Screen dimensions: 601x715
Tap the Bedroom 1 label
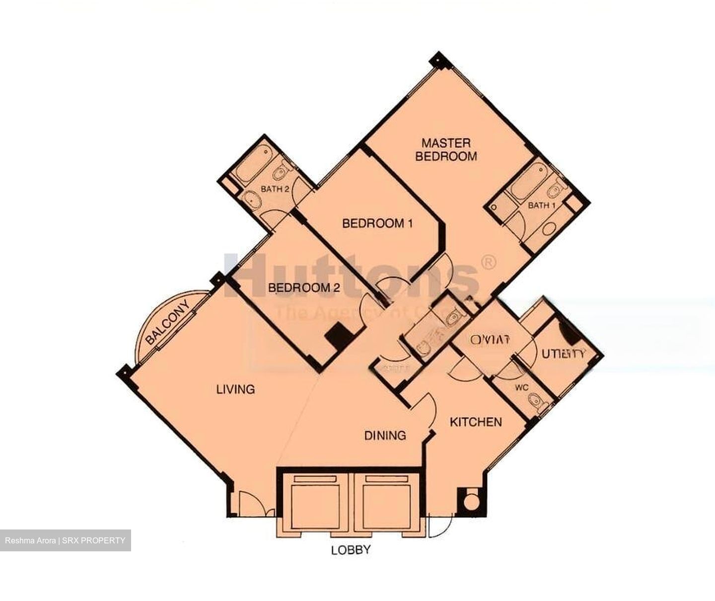[377, 224]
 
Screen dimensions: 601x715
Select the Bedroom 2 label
[304, 288]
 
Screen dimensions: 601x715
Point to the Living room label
[235, 389]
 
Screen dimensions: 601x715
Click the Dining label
[385, 436]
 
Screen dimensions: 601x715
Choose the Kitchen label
[475, 422]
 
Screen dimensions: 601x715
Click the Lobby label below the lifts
[351, 550]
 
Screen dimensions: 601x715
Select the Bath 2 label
[275, 189]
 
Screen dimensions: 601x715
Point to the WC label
[521, 387]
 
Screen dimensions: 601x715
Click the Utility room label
[563, 354]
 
